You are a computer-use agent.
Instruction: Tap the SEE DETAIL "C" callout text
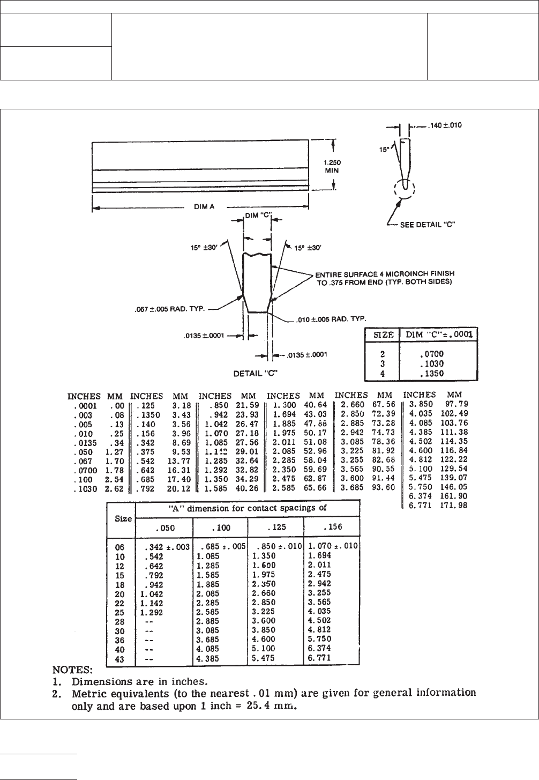[x=428, y=225]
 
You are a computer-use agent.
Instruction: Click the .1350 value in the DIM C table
[x=432, y=373]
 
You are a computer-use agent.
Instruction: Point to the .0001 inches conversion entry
[x=85, y=406]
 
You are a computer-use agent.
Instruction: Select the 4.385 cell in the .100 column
[x=208, y=659]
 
